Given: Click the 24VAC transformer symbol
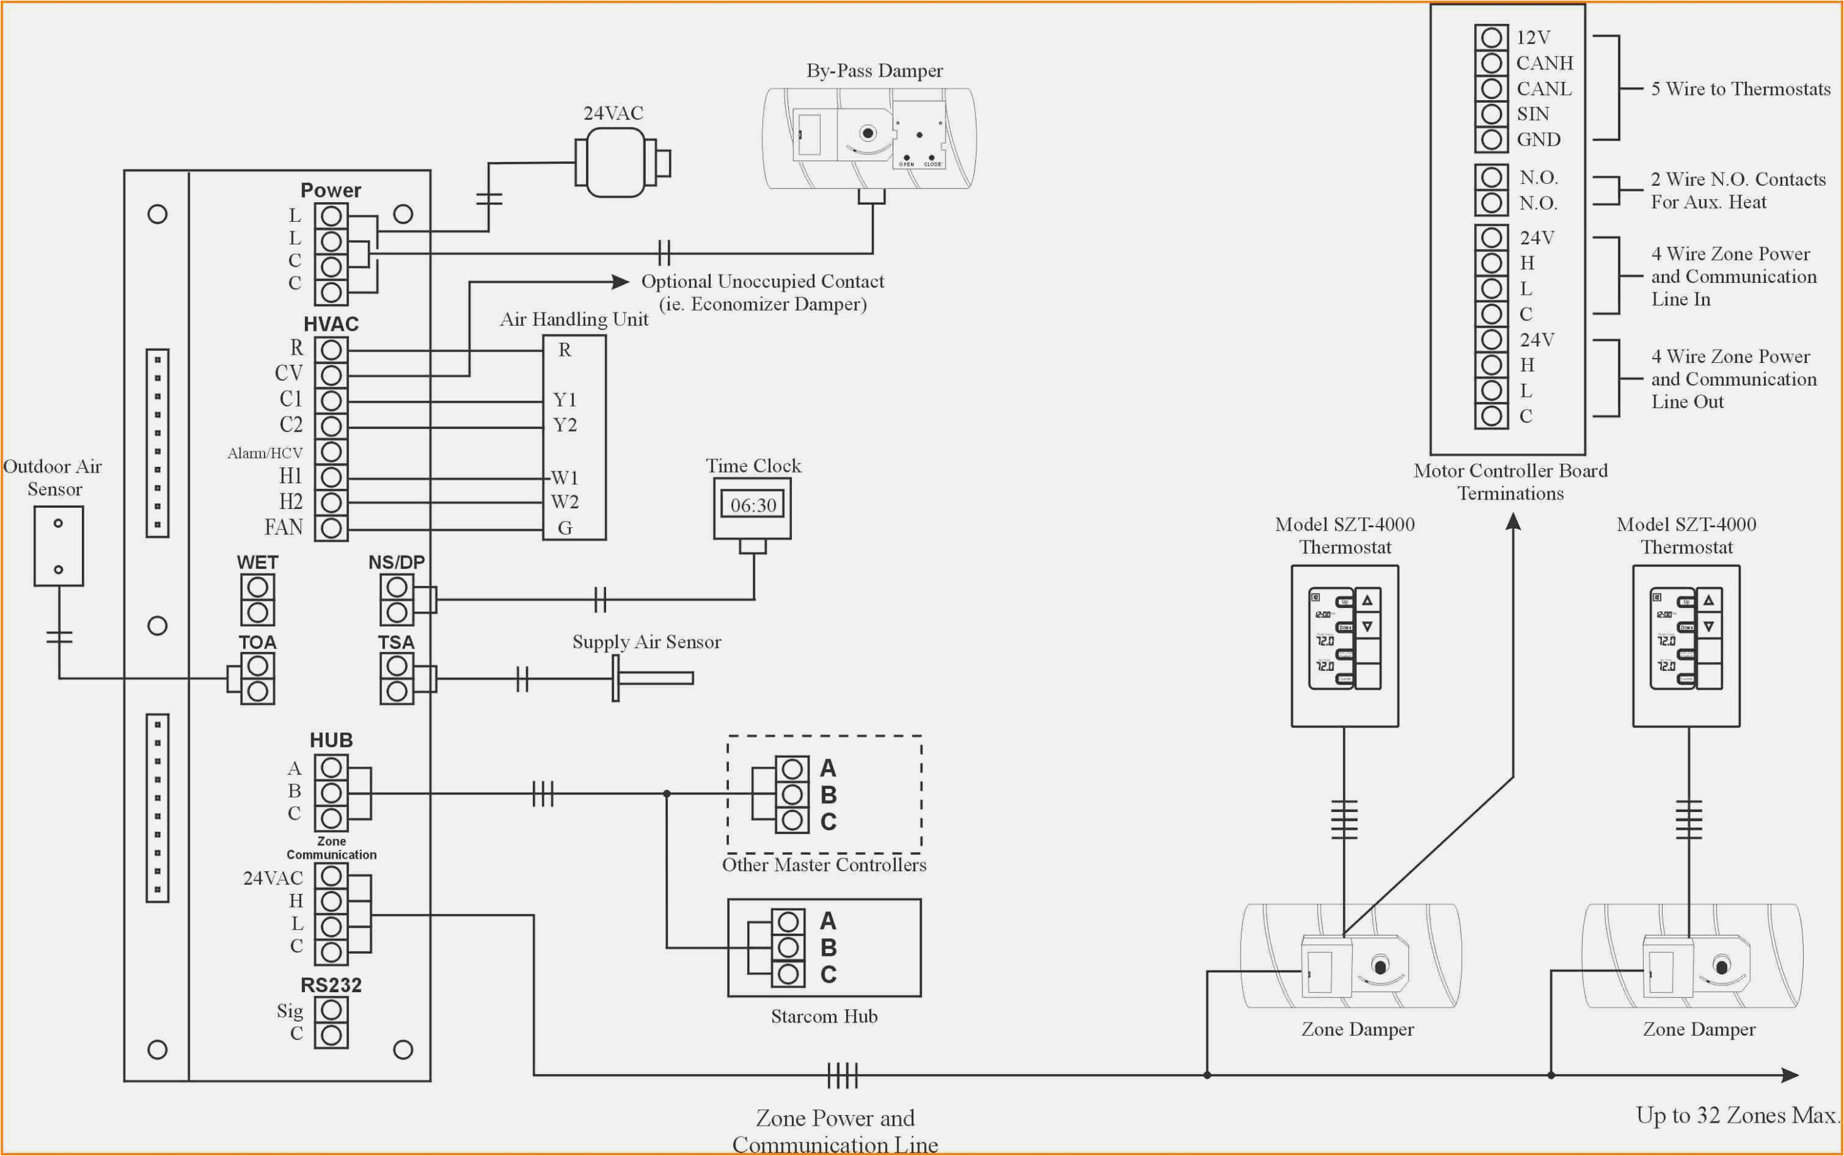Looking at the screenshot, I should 616,162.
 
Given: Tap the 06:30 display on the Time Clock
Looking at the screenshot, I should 753,505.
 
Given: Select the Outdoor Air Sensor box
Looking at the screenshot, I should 58,546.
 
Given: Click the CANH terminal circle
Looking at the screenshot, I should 1491,63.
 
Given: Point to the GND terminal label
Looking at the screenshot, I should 1538,140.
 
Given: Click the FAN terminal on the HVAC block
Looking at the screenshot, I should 331,527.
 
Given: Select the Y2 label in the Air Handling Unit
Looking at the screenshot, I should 564,425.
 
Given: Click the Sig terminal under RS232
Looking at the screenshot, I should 331,1010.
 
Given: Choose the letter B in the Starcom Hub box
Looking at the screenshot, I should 828,948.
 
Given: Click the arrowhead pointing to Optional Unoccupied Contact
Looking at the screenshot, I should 621,282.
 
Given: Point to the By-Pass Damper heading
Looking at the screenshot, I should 874,71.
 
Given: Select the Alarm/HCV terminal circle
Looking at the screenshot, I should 331,452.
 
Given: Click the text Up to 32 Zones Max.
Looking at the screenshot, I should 1736,1116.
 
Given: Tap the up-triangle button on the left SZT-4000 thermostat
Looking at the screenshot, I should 1367,601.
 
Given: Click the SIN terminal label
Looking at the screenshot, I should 1533,114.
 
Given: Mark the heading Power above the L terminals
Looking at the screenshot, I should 330,190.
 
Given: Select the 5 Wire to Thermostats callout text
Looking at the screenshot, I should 1740,89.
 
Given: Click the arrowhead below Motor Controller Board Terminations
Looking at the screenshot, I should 1513,522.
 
